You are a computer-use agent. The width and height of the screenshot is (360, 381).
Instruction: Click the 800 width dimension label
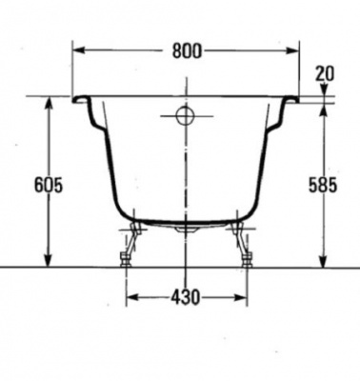pyautogui.click(x=187, y=50)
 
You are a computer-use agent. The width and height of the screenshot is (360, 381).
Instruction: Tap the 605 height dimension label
pyautogui.click(x=49, y=185)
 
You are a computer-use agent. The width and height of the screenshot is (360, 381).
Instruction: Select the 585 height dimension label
pyautogui.click(x=323, y=185)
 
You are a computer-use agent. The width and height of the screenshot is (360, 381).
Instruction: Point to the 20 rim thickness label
pyautogui.click(x=325, y=73)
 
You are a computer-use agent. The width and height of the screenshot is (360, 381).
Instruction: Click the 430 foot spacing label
pyautogui.click(x=186, y=297)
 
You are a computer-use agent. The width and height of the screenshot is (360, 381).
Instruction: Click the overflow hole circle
pyautogui.click(x=186, y=116)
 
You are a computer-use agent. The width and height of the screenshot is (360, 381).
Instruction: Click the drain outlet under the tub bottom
pyautogui.click(x=186, y=229)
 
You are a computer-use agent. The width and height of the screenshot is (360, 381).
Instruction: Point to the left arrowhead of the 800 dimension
pyautogui.click(x=79, y=50)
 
